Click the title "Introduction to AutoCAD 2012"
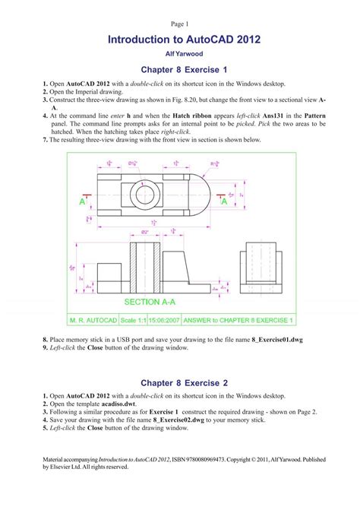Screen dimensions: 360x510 (180, 39)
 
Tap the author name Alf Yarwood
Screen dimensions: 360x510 (180, 55)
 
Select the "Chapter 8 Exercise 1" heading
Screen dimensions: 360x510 (180, 70)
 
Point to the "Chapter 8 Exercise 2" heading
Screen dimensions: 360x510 (180, 382)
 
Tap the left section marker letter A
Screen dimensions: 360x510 (81, 202)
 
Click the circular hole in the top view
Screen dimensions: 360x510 (144, 195)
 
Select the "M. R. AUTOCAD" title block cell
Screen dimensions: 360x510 (93, 321)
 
